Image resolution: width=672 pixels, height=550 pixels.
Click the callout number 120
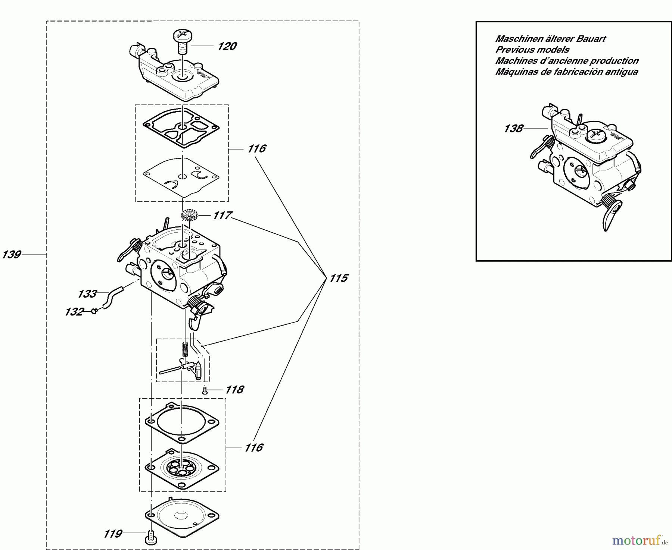pyautogui.click(x=227, y=46)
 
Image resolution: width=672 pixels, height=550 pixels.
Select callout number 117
pyautogui.click(x=222, y=216)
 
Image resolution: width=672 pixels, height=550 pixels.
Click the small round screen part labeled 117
pyautogui.click(x=190, y=215)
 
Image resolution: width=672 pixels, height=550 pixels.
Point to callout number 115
pyautogui.click(x=338, y=278)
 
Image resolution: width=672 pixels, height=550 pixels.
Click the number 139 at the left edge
pyautogui.click(x=11, y=255)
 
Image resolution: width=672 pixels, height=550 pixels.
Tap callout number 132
pyautogui.click(x=74, y=311)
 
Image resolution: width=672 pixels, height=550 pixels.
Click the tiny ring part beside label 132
pyautogui.click(x=94, y=311)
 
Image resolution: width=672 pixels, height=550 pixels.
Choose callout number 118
pyautogui.click(x=234, y=390)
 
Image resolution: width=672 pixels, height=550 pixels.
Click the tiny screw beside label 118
pyautogui.click(x=204, y=390)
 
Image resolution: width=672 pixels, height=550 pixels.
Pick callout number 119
pyautogui.click(x=112, y=534)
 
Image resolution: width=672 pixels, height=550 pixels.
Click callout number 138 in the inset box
pyautogui.click(x=513, y=129)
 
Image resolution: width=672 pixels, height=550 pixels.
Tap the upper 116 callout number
pyautogui.click(x=256, y=149)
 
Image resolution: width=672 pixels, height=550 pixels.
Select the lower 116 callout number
pyautogui.click(x=253, y=447)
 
